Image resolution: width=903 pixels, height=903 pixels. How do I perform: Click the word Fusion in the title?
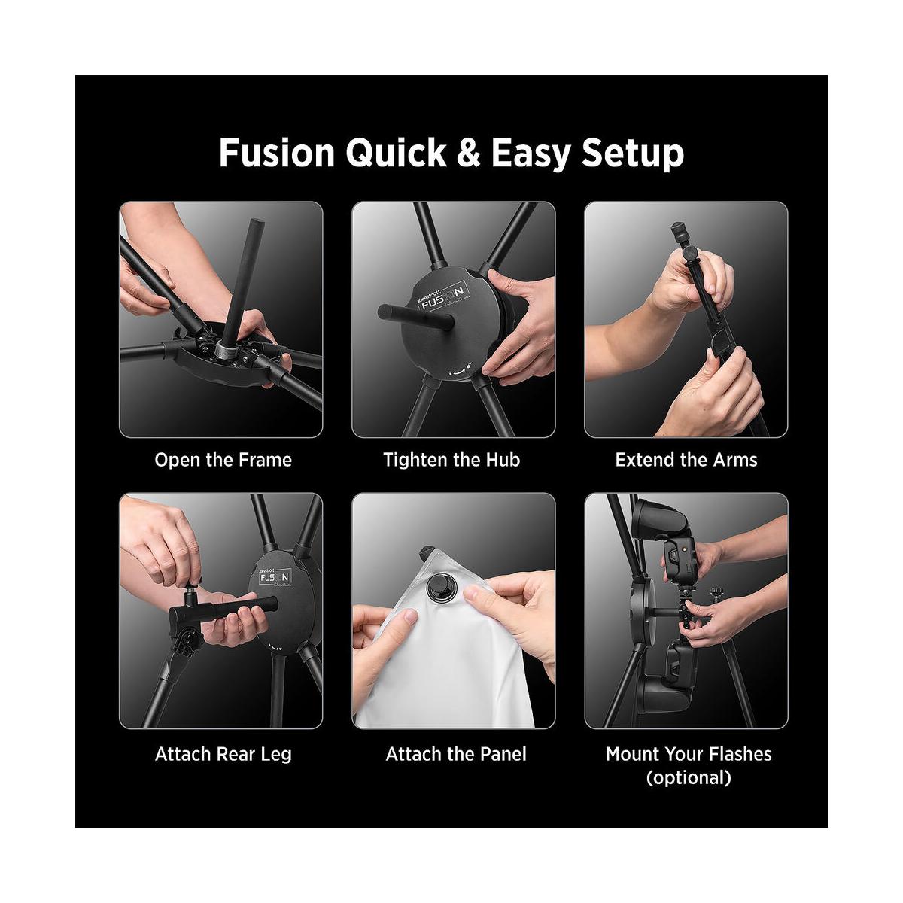(x=275, y=153)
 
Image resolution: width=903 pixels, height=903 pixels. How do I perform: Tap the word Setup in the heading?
(x=632, y=153)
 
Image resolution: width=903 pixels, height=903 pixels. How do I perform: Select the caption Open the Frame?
(x=223, y=460)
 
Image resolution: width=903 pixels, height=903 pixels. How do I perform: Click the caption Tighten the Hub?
(x=451, y=460)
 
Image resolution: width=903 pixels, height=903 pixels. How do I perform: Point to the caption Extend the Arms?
(x=686, y=460)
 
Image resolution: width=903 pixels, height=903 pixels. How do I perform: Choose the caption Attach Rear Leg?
(x=223, y=753)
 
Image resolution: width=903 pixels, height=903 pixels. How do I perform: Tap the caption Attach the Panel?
(x=456, y=753)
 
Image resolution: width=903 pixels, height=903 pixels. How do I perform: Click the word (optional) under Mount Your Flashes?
(x=689, y=777)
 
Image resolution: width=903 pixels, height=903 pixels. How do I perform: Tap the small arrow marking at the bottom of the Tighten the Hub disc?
(x=458, y=370)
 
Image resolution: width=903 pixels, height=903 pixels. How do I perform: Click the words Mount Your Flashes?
(x=689, y=753)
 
